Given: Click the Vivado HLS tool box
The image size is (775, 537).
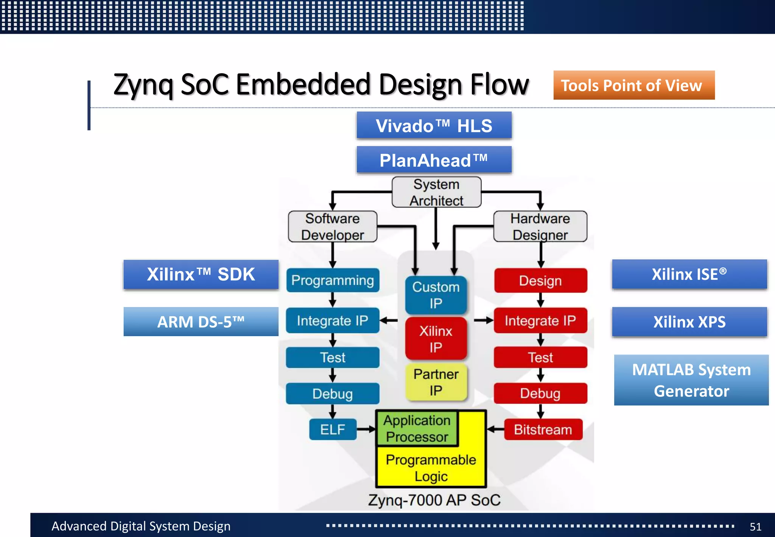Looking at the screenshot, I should point(434,125).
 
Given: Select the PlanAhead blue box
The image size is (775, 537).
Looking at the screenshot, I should point(434,160).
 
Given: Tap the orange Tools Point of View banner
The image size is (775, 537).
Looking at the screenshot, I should point(634,85).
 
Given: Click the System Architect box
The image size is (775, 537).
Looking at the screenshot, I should point(436,192).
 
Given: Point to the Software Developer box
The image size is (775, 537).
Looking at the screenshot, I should point(333,226).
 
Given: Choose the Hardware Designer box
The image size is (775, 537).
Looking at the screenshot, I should point(540,226).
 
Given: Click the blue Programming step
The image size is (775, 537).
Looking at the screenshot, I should point(333,280).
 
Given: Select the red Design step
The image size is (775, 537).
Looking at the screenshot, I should point(540,281).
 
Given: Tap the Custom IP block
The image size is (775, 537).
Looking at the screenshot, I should point(436,295).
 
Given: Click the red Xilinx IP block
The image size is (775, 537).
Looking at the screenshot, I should point(436,339).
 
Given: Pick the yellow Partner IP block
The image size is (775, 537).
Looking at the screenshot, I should point(436,382).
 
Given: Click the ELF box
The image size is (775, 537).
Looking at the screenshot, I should point(333,429).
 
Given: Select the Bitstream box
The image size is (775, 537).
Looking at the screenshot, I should point(543,429).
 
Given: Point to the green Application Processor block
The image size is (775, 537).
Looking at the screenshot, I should point(417,428).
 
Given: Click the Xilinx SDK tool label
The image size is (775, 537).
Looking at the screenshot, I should point(201,274).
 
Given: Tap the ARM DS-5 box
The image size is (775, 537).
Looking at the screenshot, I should point(201,322).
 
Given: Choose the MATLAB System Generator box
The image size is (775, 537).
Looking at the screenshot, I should point(691,380).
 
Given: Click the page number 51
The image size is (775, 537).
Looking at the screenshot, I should point(755,526).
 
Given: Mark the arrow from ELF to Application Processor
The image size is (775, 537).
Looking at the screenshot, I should point(366,429).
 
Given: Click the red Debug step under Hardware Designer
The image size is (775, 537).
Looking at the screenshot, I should point(540,393).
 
